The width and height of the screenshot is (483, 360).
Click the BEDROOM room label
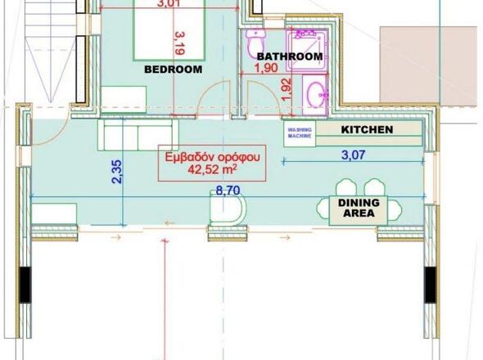click(173, 70)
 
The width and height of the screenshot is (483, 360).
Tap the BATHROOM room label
click(289, 56)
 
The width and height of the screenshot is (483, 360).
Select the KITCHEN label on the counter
click(367, 129)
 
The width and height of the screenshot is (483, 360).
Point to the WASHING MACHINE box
click(299, 133)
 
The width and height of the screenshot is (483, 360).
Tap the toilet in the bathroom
click(257, 40)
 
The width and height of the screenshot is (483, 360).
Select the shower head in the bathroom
click(308, 37)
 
